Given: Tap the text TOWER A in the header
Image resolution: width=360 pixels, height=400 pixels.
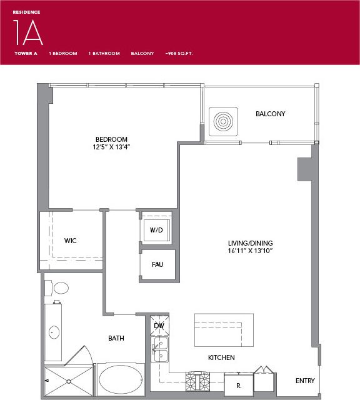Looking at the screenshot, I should click(x=26, y=54).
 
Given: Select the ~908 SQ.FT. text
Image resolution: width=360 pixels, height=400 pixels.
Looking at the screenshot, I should click(x=179, y=54).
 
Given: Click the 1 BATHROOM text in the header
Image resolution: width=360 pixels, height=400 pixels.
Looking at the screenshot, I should click(x=104, y=54).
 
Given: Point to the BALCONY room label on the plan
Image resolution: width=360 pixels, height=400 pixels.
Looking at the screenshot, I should click(x=270, y=114).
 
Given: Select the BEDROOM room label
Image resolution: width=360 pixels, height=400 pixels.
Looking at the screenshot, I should click(x=112, y=139).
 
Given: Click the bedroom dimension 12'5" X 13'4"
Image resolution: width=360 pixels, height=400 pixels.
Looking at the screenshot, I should click(x=112, y=147).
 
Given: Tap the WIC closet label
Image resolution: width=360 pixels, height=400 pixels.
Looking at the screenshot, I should click(x=70, y=240).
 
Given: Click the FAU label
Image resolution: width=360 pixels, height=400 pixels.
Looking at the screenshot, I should click(x=157, y=264).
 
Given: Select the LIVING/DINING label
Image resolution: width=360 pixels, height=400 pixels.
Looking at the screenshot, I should click(x=250, y=242).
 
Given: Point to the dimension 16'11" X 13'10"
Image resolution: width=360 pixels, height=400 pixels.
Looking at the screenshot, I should click(x=250, y=251).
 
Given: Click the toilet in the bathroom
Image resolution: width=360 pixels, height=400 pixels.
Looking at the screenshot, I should click(x=61, y=288).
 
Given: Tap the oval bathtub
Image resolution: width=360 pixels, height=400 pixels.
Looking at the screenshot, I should click(x=122, y=379).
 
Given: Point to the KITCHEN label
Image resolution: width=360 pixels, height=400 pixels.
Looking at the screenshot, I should click(x=221, y=357).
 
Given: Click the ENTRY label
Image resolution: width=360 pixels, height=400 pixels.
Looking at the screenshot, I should click(x=305, y=381).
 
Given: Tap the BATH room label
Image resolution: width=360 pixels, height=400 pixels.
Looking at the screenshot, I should click(x=116, y=338).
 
